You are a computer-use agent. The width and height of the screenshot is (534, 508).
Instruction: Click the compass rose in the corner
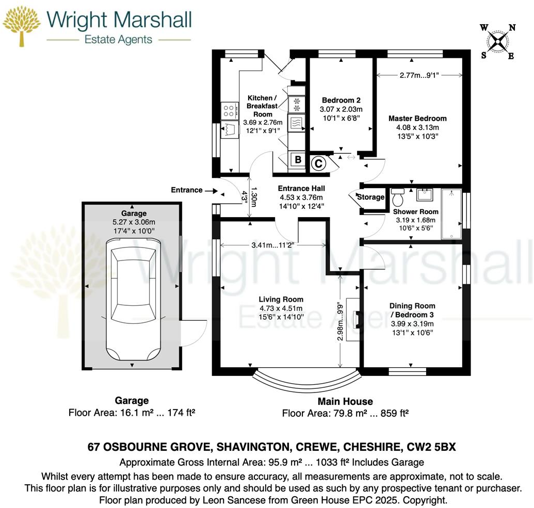497,42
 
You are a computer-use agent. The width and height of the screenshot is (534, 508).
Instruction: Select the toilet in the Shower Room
398,198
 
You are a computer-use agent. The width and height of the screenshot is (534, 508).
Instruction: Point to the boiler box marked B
297,160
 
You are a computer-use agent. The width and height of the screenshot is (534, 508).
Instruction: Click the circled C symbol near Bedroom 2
318,163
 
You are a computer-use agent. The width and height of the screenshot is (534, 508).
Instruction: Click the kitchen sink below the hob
229,129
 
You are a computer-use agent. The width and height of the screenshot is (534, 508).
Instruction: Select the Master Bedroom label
417,118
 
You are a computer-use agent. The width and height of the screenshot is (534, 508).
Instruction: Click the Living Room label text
281,299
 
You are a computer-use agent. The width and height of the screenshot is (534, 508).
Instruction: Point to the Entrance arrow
212,190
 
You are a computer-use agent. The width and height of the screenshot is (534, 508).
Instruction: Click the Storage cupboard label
371,197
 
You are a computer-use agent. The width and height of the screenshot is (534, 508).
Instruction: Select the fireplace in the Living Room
353,316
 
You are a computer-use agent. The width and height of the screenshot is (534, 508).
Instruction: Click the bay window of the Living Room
305,382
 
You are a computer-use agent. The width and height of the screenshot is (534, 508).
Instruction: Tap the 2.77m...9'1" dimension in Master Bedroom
419,75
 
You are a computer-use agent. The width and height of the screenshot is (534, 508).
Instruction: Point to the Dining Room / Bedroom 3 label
412,310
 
